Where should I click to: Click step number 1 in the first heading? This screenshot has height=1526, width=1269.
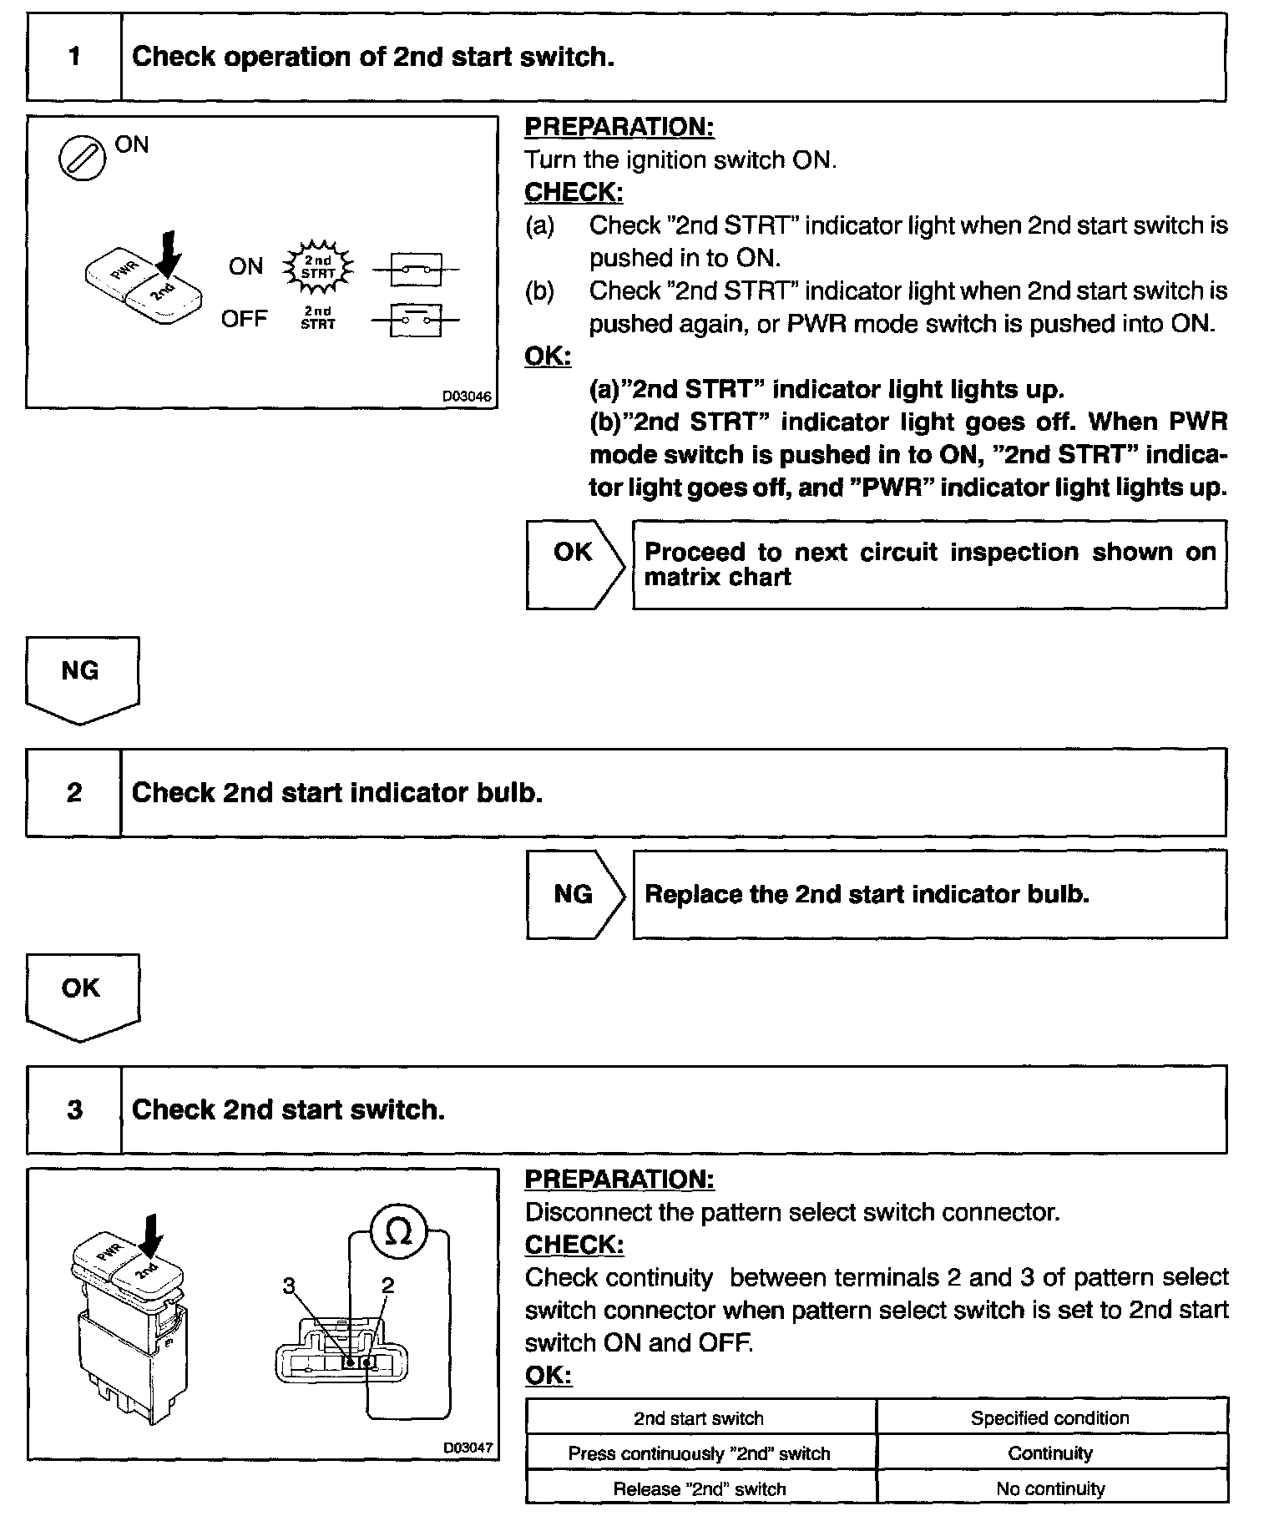click(x=74, y=57)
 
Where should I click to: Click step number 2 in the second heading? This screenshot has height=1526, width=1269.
click(x=74, y=792)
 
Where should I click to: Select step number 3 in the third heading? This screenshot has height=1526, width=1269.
click(x=74, y=1109)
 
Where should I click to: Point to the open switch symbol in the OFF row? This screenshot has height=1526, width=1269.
click(x=415, y=319)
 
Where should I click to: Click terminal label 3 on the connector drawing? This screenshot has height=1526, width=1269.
click(x=289, y=1286)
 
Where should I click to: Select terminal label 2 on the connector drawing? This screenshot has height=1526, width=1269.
click(x=387, y=1286)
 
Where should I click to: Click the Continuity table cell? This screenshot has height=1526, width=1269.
click(x=1050, y=1453)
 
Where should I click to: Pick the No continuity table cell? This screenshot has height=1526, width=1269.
click(x=1050, y=1488)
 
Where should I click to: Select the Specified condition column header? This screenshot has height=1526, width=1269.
click(x=1050, y=1418)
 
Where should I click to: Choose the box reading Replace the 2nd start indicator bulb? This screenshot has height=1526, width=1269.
click(x=929, y=894)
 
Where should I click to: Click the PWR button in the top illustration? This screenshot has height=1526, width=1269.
click(x=115, y=269)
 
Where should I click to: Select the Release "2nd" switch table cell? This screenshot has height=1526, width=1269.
click(x=700, y=1488)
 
